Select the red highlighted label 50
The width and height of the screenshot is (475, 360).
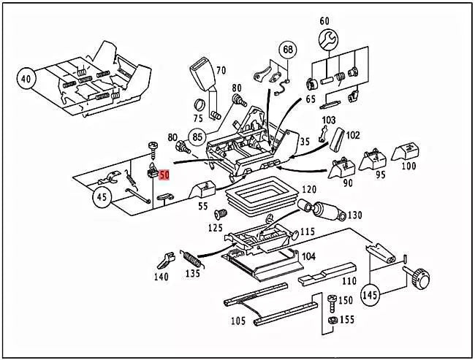(164, 175)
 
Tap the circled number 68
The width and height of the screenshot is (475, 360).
(288, 50)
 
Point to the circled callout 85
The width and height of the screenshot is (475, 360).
(196, 136)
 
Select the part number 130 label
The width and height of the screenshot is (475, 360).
(355, 215)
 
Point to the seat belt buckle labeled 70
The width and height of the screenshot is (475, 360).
(202, 77)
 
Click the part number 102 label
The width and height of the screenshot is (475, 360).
(353, 134)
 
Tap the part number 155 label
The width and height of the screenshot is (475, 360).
(346, 319)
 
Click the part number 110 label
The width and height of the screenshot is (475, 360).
(349, 280)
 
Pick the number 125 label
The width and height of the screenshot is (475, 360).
(215, 229)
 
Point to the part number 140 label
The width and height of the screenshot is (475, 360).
(161, 277)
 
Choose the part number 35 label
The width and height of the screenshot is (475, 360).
(305, 142)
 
